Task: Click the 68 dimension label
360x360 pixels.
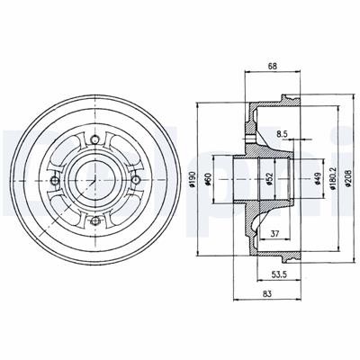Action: (x=273, y=66)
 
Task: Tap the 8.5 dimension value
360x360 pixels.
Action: (x=282, y=134)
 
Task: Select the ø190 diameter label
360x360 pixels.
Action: (x=193, y=180)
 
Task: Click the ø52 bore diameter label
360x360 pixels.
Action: (x=270, y=179)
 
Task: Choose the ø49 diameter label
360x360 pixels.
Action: (x=318, y=179)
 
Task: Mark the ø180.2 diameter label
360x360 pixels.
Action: (x=333, y=179)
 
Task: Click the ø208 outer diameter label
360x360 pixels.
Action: (x=348, y=179)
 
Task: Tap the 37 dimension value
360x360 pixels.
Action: (x=275, y=233)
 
